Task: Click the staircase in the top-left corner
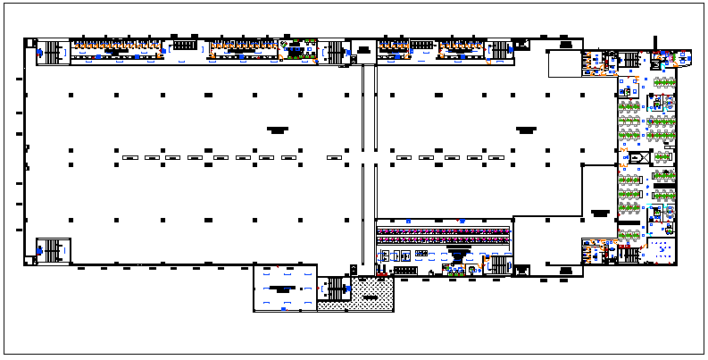tap(55, 53)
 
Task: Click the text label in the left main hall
tap(277, 130)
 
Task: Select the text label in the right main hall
tap(524, 130)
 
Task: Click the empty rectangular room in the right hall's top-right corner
tap(563, 63)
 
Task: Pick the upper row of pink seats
tap(444, 230)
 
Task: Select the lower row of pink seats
tap(444, 239)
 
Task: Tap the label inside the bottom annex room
tap(285, 289)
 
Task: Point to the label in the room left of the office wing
tap(599, 213)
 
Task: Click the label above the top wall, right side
tap(564, 42)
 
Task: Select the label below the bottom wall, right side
tap(565, 270)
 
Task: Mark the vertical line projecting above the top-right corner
tap(655, 42)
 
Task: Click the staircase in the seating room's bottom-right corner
tap(498, 264)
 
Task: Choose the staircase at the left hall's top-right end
tap(334, 53)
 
